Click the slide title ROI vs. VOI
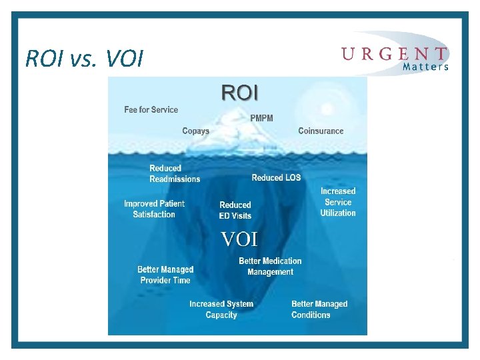(x=84, y=59)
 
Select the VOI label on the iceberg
(x=239, y=239)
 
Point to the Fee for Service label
(x=151, y=109)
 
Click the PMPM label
(x=261, y=118)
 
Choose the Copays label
(x=196, y=131)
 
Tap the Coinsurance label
(x=321, y=131)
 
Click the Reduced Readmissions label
(x=175, y=173)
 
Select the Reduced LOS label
(x=276, y=177)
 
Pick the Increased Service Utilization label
(x=338, y=202)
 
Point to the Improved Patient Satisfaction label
(x=154, y=209)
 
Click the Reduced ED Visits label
(x=235, y=210)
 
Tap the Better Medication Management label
(x=270, y=266)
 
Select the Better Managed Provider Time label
(x=165, y=275)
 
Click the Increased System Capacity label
(x=221, y=309)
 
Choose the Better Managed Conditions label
(x=319, y=309)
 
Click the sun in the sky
(x=326, y=109)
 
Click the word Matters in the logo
(x=425, y=67)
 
